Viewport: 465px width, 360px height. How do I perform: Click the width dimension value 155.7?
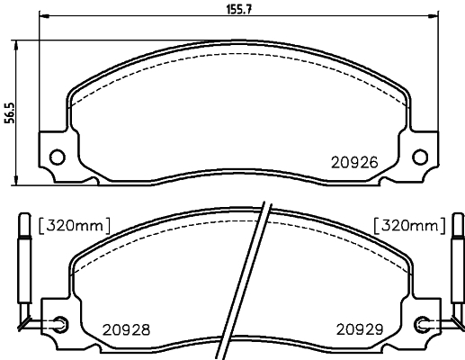[x=238, y=9]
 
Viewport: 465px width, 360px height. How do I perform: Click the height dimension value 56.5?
[x=10, y=113]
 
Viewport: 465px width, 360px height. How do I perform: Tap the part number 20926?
[x=354, y=163]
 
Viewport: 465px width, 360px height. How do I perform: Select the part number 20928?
[x=126, y=330]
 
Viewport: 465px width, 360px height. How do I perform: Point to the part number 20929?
[x=360, y=329]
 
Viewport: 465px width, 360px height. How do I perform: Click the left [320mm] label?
[x=75, y=226]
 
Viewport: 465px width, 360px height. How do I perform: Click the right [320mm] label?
[x=410, y=226]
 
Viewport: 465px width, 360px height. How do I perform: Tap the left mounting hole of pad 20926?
[x=57, y=157]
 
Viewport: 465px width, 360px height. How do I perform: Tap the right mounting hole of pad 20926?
[x=420, y=157]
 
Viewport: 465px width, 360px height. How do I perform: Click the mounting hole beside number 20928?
[x=61, y=324]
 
